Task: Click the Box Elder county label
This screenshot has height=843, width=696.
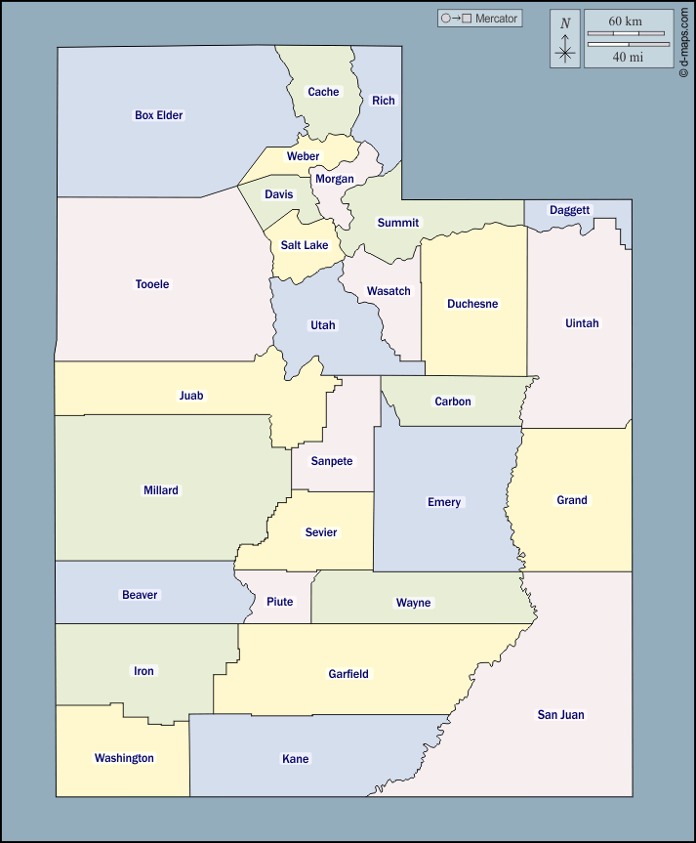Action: click(158, 115)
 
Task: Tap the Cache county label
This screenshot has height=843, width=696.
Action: click(323, 92)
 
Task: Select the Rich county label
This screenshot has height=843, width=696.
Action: click(384, 101)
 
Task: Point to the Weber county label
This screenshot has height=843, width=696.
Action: click(303, 156)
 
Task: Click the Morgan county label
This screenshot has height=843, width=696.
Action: click(334, 179)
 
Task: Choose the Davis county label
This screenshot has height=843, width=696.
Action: click(278, 194)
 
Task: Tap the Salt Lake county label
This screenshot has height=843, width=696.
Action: click(305, 245)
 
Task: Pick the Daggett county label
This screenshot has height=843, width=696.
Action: click(569, 210)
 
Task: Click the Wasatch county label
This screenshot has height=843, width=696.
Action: click(389, 291)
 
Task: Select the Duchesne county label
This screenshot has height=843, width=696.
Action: click(472, 304)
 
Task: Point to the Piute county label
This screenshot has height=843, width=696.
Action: click(280, 602)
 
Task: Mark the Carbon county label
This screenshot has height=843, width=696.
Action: click(453, 401)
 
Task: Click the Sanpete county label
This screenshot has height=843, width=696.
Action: click(332, 461)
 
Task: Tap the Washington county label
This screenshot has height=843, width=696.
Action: click(124, 758)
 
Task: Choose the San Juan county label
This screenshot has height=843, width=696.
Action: click(560, 715)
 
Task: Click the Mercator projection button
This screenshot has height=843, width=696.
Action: click(480, 19)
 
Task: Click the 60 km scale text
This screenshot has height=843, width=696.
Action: click(625, 21)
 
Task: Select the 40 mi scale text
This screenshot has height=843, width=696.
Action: click(628, 57)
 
